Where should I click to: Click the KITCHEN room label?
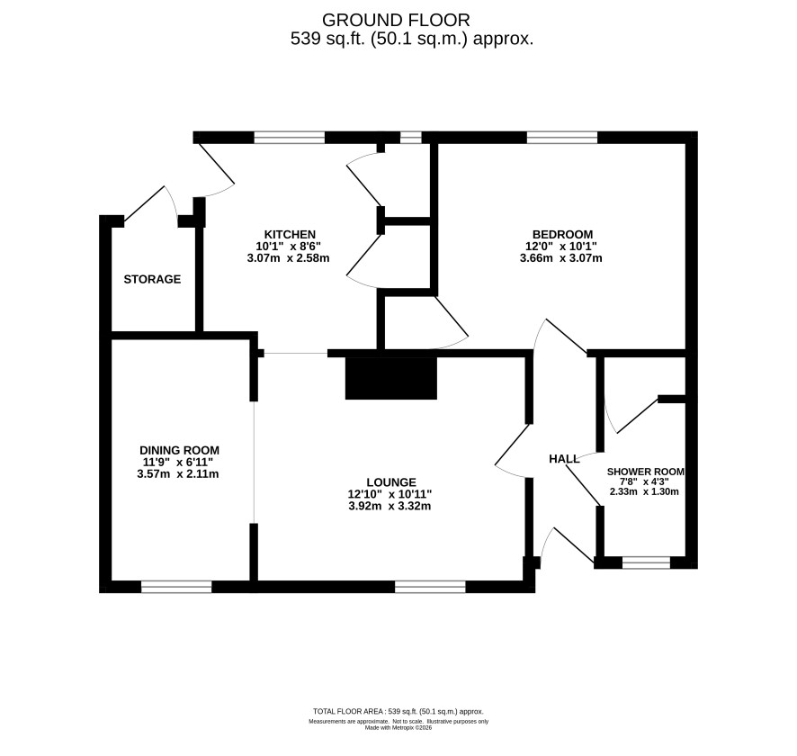coord(290,234)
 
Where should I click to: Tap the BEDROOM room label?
coord(562,234)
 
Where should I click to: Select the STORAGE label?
coord(153,279)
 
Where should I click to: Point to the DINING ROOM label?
coord(179,450)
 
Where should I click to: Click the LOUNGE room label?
coord(391,482)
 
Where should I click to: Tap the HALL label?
coord(564,459)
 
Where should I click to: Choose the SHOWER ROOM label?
coord(646,472)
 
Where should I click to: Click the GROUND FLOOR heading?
coord(396,20)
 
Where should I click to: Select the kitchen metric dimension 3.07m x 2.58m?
coord(288,257)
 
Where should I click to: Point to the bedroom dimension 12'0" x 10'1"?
coord(561,246)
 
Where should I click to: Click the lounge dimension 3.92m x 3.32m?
coord(390,506)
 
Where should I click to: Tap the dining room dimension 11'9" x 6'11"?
coord(178,462)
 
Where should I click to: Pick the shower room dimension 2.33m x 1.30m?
coord(644,491)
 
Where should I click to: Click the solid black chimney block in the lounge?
coord(391,378)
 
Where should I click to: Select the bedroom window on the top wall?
coord(562,138)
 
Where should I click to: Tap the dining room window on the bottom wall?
coord(176,587)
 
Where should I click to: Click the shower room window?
coord(647,562)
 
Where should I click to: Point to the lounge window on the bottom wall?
coord(431,587)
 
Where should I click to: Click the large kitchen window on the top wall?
coord(290,138)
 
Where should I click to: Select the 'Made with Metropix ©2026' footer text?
coord(398,727)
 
